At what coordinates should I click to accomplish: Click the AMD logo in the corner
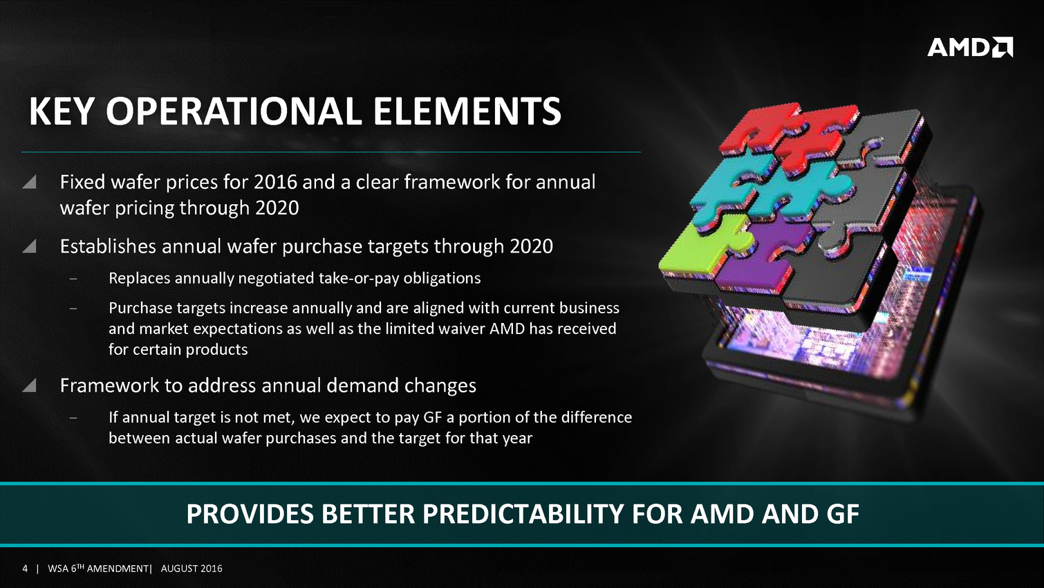point(969,47)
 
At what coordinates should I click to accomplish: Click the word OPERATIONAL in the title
point(234,111)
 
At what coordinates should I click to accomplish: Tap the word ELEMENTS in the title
point(467,111)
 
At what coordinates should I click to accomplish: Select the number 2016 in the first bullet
point(275,182)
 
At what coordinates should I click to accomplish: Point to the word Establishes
point(108,246)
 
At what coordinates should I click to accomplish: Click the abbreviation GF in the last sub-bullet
point(432,417)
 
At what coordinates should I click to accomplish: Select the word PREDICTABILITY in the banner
point(523,514)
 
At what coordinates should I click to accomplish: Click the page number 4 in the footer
point(25,569)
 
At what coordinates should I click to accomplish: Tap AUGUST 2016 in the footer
point(192,569)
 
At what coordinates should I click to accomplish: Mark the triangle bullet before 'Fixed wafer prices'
point(29,182)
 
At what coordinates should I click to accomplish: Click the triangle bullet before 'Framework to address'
point(29,385)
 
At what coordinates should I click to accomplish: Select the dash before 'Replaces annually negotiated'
point(73,279)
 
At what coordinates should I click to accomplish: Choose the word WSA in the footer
point(58,569)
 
